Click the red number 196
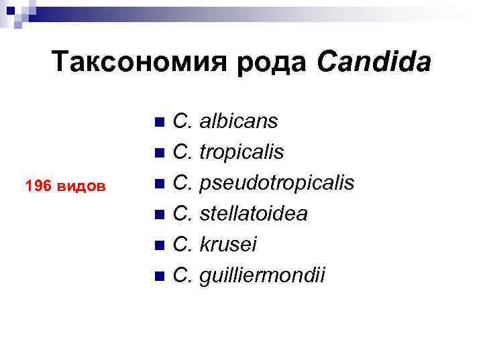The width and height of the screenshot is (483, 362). pyautogui.click(x=37, y=186)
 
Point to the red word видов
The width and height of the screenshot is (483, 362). pyautogui.click(x=80, y=186)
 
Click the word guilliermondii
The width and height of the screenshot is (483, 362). pyautogui.click(x=263, y=275)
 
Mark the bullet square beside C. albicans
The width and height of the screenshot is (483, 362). pyautogui.click(x=158, y=123)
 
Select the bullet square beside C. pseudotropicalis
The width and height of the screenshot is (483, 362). pyautogui.click(x=158, y=184)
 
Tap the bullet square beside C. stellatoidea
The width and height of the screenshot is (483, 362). pyautogui.click(x=158, y=215)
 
